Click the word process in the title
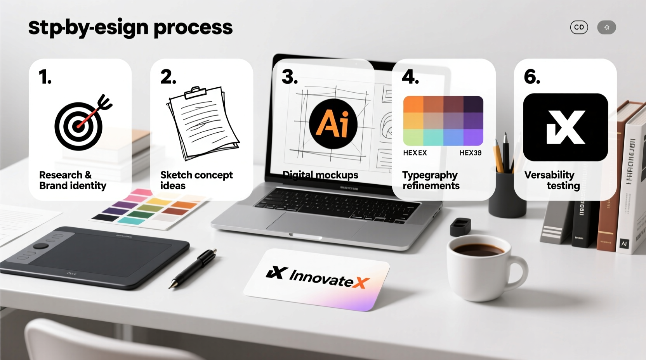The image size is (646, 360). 193,28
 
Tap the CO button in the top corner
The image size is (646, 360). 579,28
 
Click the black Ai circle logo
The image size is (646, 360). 333,124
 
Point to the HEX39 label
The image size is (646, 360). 470,153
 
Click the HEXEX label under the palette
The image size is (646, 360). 415,153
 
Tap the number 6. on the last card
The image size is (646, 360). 532,76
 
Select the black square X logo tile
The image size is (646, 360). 565,127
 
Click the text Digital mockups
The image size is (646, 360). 320,175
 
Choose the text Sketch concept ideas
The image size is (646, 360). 196,180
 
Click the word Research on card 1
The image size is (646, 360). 61,175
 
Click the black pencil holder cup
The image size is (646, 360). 507,194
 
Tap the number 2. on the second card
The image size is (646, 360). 168,77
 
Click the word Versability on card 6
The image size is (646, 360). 549,175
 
